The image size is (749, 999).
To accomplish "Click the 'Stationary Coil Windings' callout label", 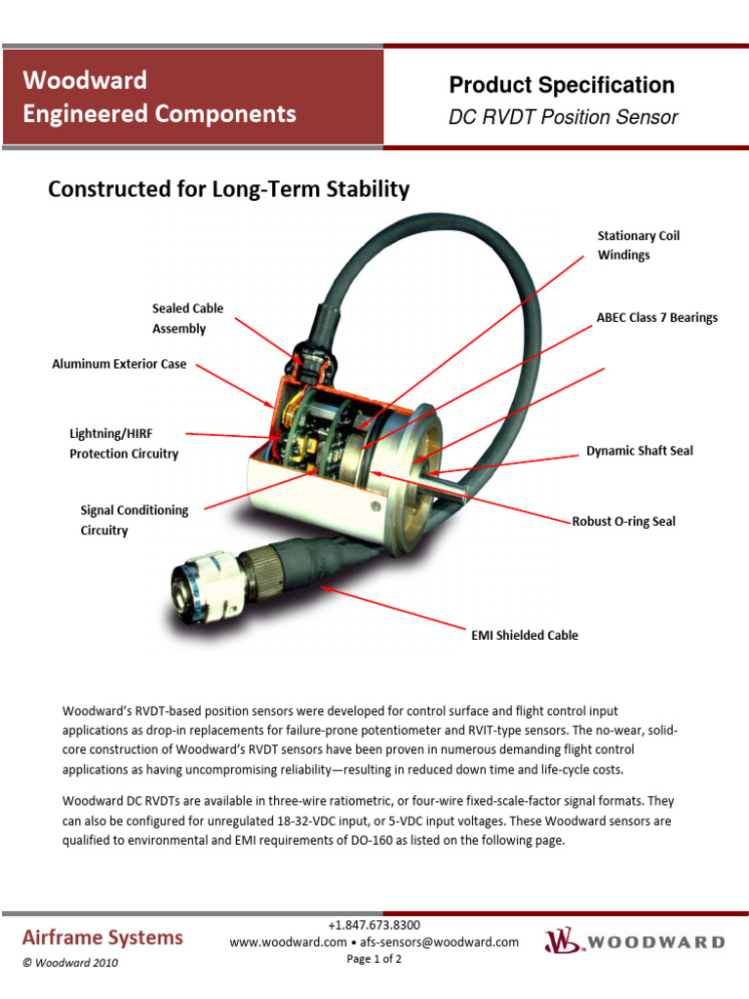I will [x=638, y=245].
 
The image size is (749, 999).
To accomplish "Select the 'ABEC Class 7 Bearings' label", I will [x=656, y=318].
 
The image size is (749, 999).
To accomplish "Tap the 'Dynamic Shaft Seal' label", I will [x=639, y=452].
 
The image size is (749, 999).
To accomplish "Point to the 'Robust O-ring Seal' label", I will [x=623, y=522].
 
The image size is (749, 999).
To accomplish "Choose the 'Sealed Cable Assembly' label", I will [x=187, y=318].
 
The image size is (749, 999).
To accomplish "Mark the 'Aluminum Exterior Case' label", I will [x=119, y=365].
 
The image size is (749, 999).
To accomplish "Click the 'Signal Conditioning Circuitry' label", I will [x=134, y=520].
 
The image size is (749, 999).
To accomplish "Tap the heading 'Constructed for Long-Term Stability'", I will [x=228, y=189].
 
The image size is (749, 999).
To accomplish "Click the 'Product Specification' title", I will [x=561, y=85].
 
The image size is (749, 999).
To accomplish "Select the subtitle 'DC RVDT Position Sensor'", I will [x=563, y=118].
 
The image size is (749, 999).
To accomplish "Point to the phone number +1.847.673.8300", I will [x=374, y=925].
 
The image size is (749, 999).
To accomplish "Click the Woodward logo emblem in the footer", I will [x=562, y=941].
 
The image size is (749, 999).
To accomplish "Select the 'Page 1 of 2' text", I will [x=374, y=959].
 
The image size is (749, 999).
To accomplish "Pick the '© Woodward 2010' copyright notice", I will [x=70, y=963].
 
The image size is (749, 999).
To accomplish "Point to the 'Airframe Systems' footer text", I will [x=102, y=938].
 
